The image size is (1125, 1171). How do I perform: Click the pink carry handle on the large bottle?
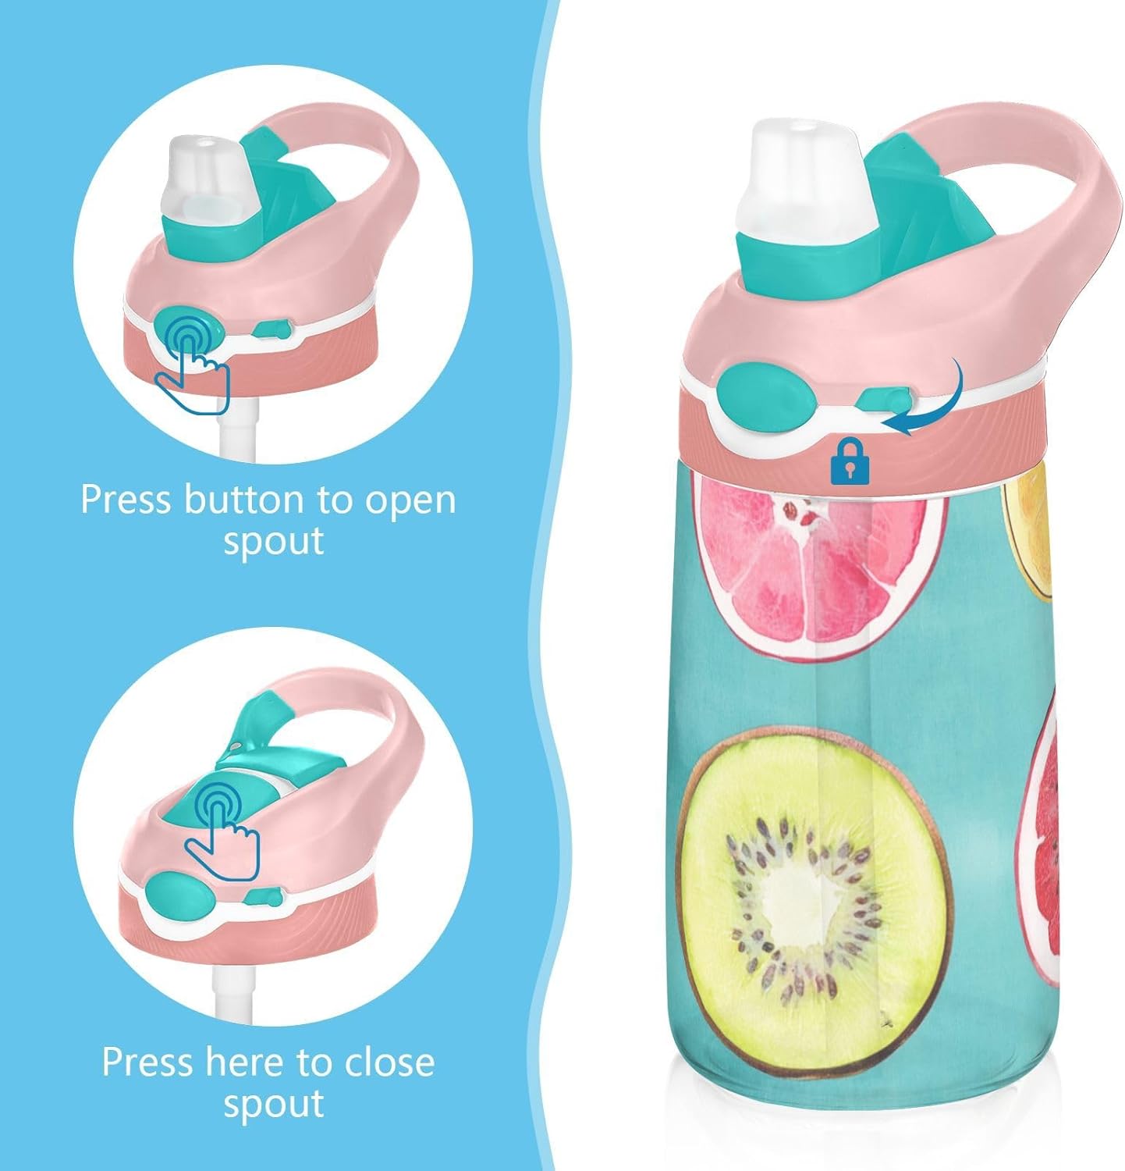pos(1038,211)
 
